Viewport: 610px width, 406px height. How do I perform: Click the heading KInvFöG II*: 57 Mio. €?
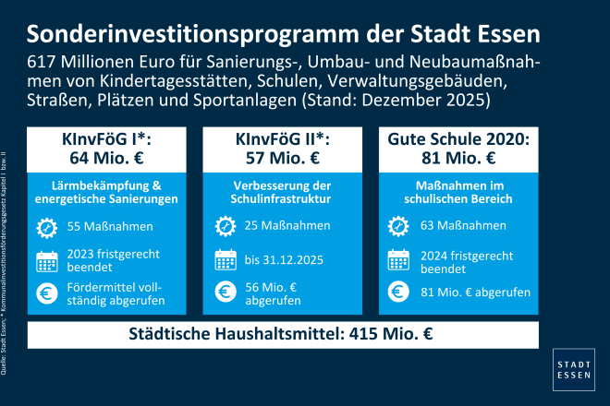(x=284, y=145)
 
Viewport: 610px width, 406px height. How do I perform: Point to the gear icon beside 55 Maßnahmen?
(x=47, y=226)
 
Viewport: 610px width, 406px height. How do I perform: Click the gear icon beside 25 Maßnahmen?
(x=225, y=226)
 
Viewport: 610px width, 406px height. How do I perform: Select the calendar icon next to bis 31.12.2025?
(x=225, y=259)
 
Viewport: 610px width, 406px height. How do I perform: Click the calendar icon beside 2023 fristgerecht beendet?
(x=47, y=259)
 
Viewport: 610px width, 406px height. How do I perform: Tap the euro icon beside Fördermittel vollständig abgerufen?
(x=47, y=293)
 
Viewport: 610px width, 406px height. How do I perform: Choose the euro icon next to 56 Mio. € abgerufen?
(x=225, y=293)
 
